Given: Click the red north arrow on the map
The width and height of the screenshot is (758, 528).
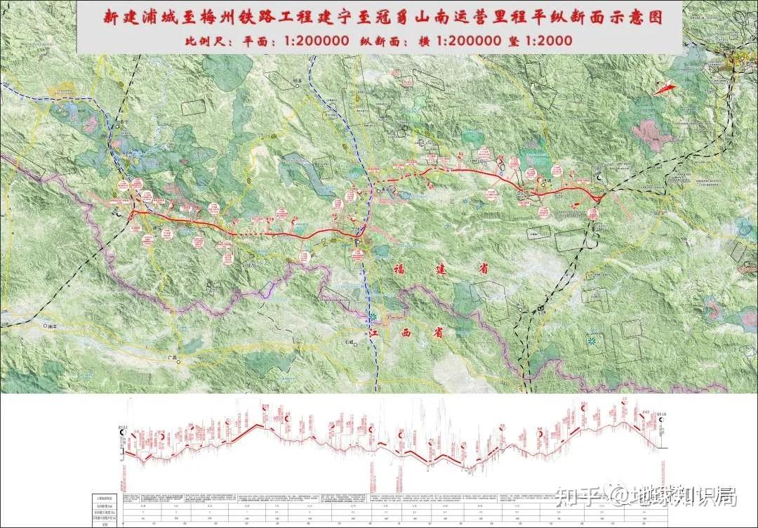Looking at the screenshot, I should (665, 88).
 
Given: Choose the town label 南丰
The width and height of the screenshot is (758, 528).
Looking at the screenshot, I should (51, 326).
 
